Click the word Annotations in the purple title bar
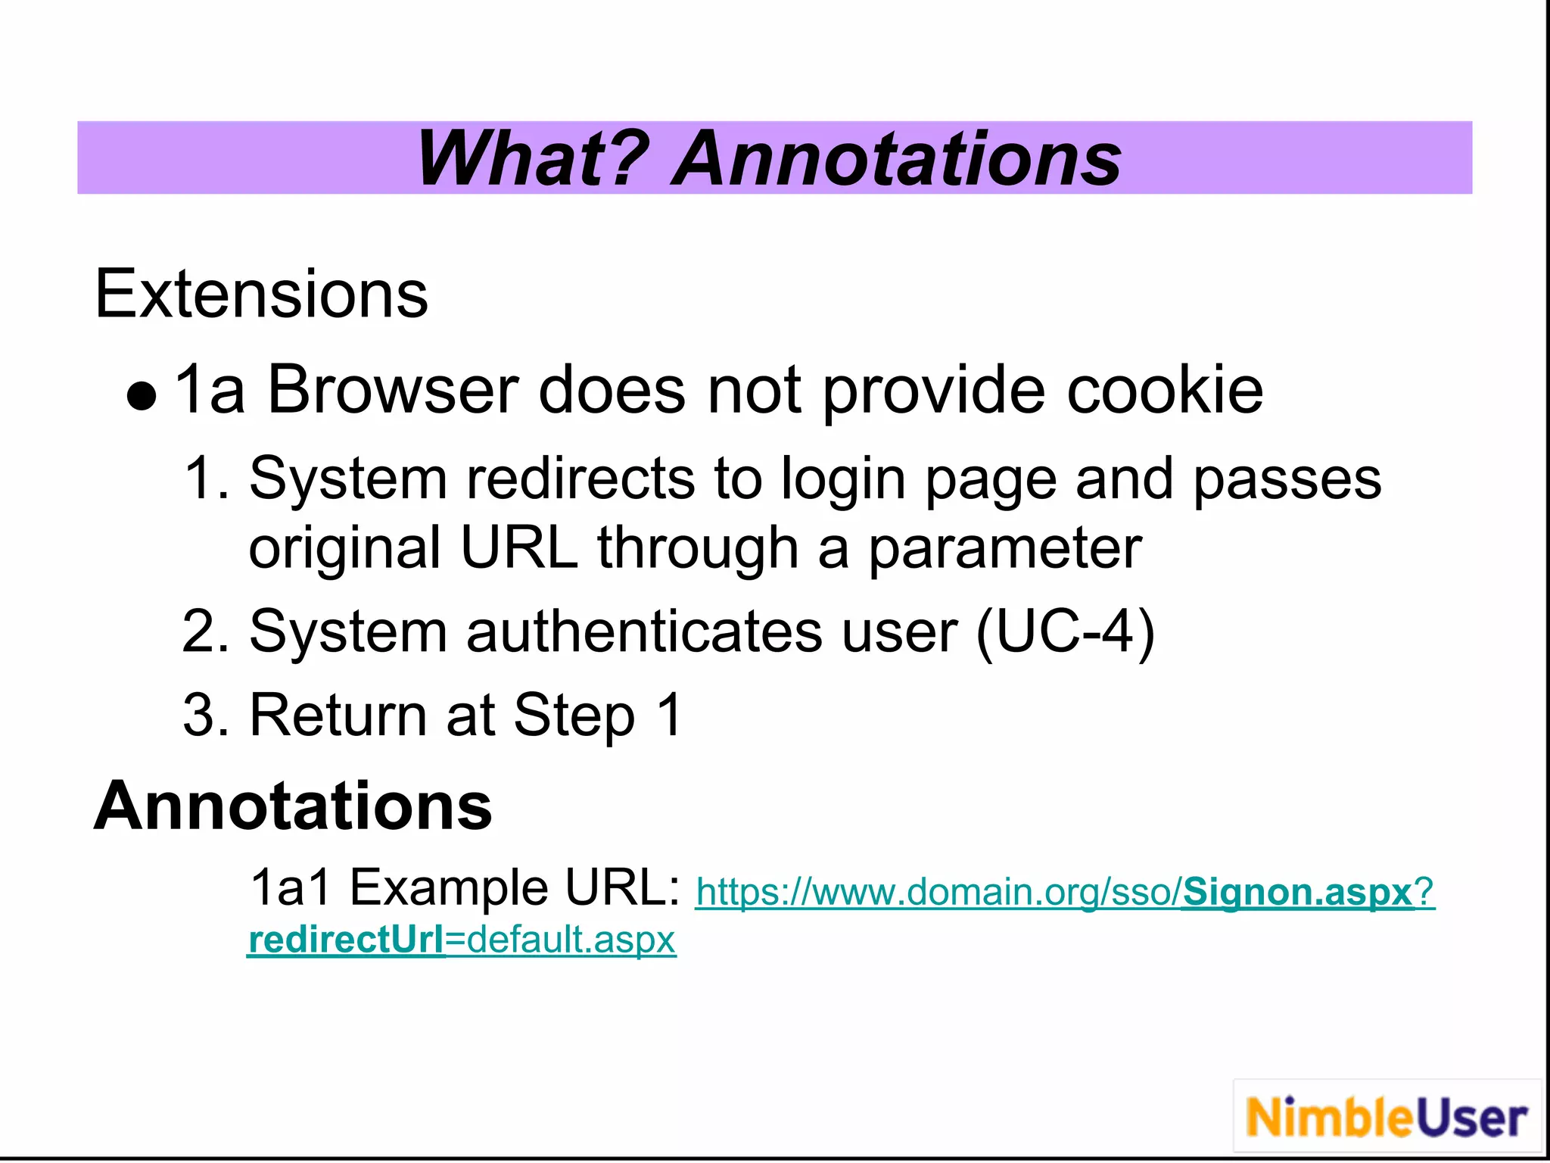(897, 159)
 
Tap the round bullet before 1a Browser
(142, 396)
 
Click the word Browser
(393, 390)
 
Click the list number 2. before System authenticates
(206, 631)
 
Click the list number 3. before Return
(206, 715)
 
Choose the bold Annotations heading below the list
(293, 806)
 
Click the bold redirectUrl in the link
(347, 940)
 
